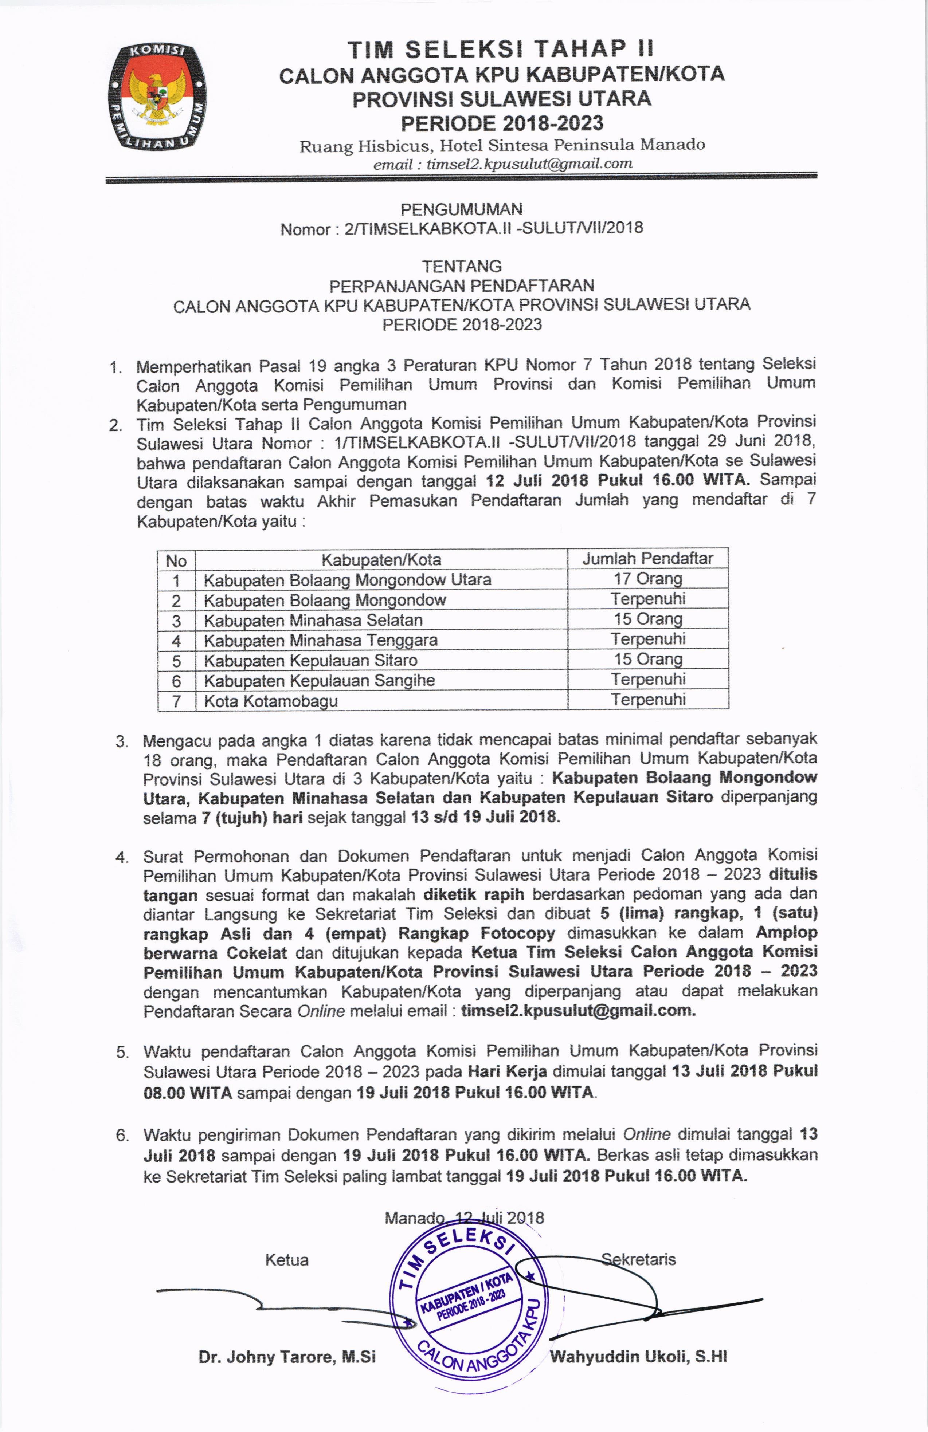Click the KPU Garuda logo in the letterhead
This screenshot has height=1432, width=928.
click(156, 96)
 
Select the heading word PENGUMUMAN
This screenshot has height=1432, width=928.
click(462, 209)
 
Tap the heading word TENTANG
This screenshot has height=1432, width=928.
click(462, 266)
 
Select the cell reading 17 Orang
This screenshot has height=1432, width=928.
click(647, 579)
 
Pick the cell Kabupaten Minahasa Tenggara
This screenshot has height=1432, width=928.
click(320, 640)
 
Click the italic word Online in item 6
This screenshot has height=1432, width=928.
click(646, 1134)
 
